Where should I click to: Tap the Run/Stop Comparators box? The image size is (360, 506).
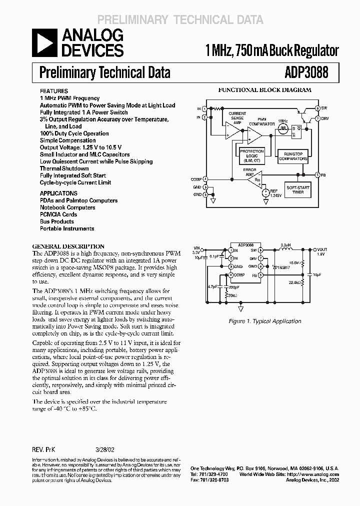click(x=292, y=155)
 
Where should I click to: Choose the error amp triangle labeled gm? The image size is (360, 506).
click(x=255, y=178)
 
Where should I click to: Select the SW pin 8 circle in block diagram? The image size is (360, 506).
click(x=317, y=108)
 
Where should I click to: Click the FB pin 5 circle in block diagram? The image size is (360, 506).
click(x=317, y=174)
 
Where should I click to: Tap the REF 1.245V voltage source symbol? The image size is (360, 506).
click(x=265, y=192)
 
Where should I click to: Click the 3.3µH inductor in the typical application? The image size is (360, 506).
click(x=286, y=249)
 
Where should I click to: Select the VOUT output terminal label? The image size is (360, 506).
click(x=321, y=249)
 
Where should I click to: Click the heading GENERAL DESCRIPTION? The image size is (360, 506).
click(x=68, y=246)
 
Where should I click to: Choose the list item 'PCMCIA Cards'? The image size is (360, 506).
click(x=58, y=214)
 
